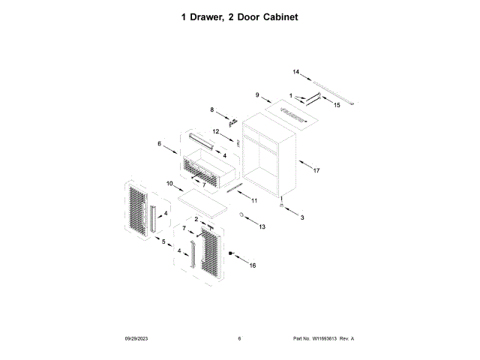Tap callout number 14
tap(295, 72)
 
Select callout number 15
tap(337, 106)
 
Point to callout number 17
tap(316, 171)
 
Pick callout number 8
tap(212, 110)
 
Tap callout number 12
tap(214, 132)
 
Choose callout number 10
tap(169, 183)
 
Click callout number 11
tap(253, 201)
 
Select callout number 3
tap(302, 217)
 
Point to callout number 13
tap(262, 226)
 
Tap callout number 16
tap(252, 265)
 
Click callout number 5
tap(163, 241)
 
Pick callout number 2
tap(196, 219)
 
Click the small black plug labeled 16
tap(232, 255)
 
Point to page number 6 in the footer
tap(239, 339)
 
